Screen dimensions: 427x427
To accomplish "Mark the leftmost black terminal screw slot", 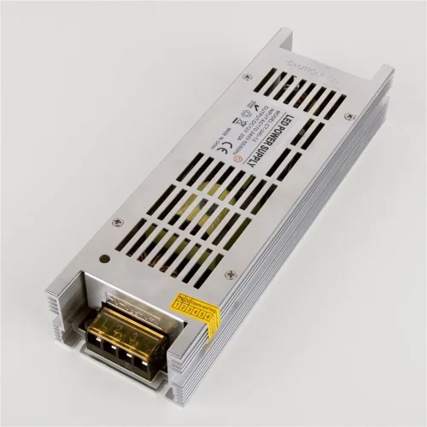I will click(108, 350).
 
